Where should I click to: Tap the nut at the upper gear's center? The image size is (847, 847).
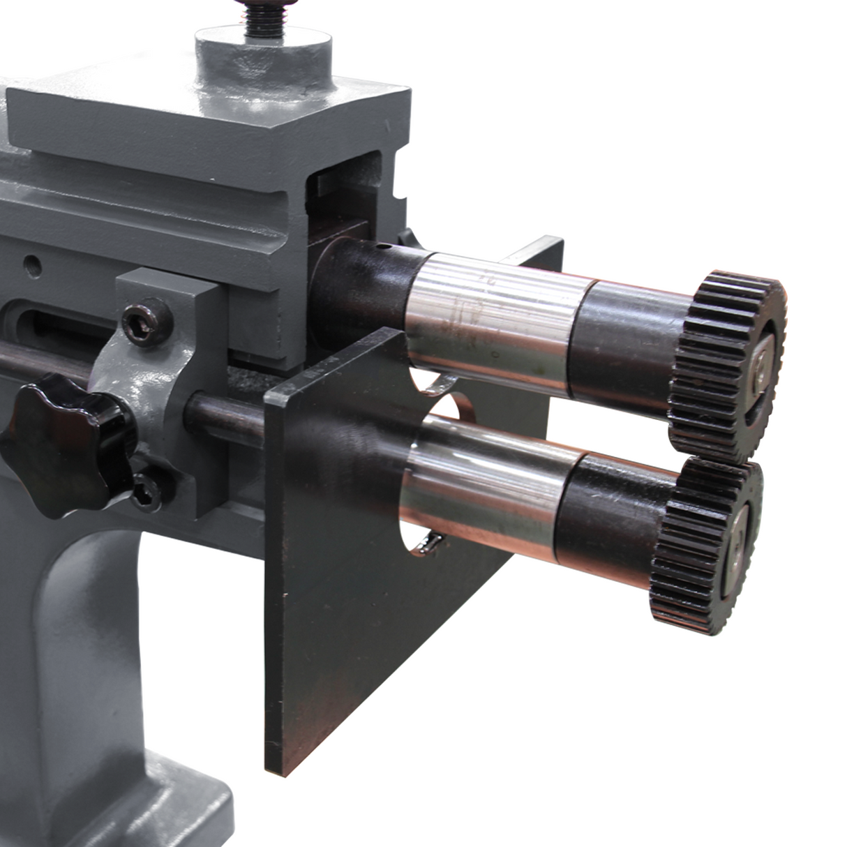[x=762, y=363]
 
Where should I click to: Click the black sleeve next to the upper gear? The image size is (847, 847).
[x=628, y=342]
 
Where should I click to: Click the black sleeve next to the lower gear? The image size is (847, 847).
[x=614, y=509]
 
